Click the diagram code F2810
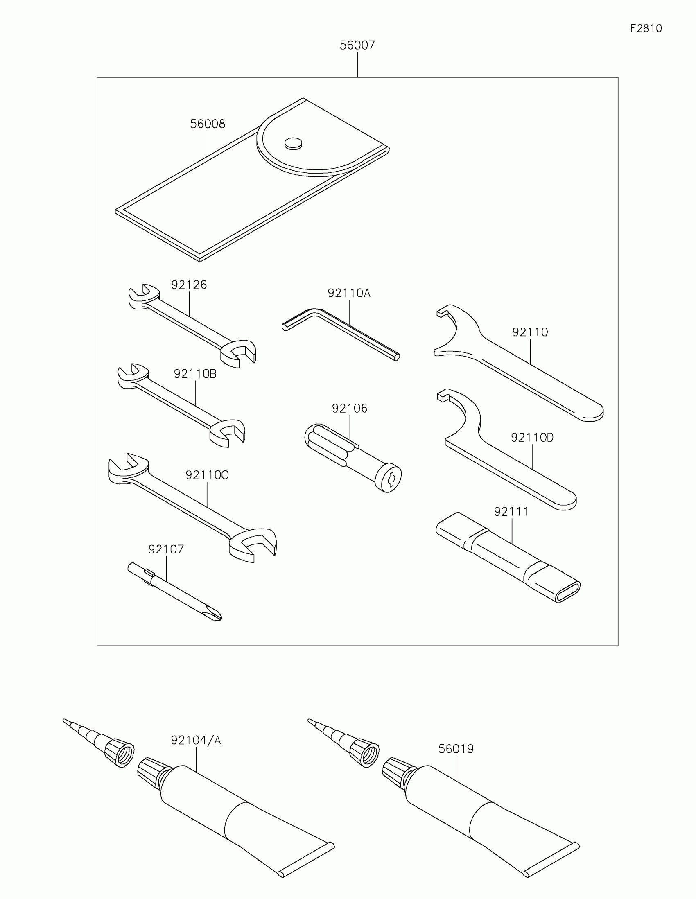[x=646, y=28]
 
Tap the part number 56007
[x=357, y=45]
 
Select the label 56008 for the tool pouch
[x=208, y=124]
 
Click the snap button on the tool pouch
[x=293, y=143]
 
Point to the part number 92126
[x=189, y=285]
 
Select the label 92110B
[x=195, y=374]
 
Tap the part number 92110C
[x=207, y=475]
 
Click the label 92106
[x=350, y=408]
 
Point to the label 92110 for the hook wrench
[x=530, y=332]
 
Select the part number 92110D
[x=532, y=438]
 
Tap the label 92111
[x=511, y=512]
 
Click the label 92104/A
[x=196, y=741]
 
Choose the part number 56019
[x=456, y=749]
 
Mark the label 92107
[x=166, y=549]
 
